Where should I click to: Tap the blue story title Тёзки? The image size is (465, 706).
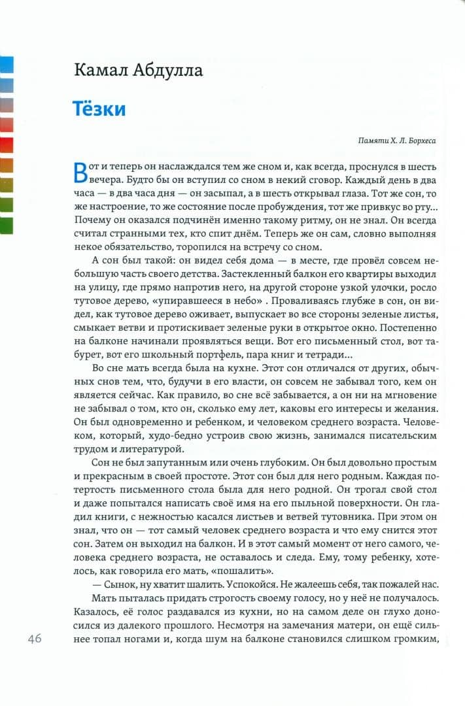point(99,109)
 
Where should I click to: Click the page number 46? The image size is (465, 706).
point(35,639)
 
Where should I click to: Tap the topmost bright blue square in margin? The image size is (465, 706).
point(7,64)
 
